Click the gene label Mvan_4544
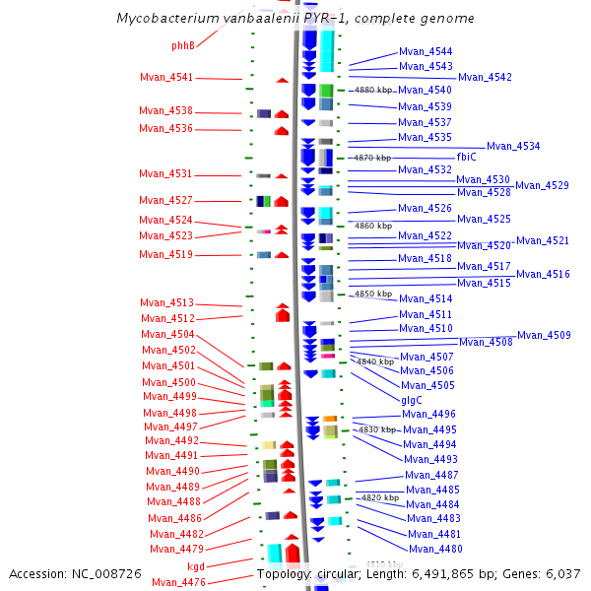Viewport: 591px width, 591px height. (426, 51)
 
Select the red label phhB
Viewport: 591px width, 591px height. (183, 45)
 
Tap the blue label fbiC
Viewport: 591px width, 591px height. (467, 157)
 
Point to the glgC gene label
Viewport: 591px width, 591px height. (412, 400)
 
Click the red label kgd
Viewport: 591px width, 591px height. (196, 566)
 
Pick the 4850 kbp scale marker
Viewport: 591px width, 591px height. (373, 294)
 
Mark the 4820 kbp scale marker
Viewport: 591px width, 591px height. (379, 497)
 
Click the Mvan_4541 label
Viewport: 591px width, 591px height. (166, 78)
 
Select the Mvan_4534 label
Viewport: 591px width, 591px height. (513, 146)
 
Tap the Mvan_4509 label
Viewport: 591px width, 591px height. (544, 335)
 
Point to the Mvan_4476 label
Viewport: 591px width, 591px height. (178, 582)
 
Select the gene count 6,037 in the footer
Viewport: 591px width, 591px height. (562, 573)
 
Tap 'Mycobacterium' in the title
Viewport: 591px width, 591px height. (162, 19)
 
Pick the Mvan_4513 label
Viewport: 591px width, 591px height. (166, 302)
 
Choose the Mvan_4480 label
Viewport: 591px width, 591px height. (435, 549)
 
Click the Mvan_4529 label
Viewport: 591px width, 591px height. (542, 185)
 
